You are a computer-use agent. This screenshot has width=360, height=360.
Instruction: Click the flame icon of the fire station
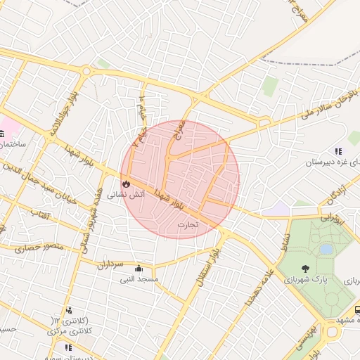coord(126,184)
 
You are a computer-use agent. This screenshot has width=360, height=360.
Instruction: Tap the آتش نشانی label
coord(126,195)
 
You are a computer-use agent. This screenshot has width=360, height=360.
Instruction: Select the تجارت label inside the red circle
coord(187,225)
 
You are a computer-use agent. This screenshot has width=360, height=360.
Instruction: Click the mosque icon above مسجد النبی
coord(139,268)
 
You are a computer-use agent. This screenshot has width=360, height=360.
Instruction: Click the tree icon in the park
coord(305,268)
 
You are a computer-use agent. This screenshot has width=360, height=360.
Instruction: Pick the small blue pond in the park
coord(326,249)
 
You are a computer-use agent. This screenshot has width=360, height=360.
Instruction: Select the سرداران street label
coord(110,264)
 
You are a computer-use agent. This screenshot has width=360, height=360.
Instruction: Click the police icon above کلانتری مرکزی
coord(68,310)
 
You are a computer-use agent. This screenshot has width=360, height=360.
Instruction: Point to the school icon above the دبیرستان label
coord(339,150)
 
